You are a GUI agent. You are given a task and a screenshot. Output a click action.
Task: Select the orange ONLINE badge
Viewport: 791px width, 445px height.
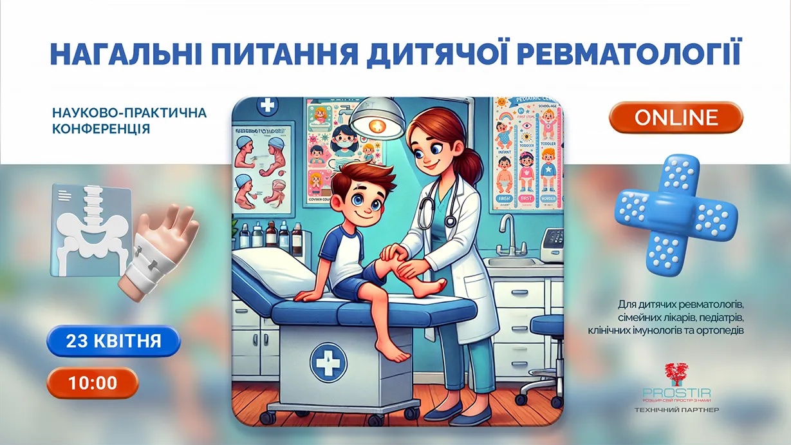676,117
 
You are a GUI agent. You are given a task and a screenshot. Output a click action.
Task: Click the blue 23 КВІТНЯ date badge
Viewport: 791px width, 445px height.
113,341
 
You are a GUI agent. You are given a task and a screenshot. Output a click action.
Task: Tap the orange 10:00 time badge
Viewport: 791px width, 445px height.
93,383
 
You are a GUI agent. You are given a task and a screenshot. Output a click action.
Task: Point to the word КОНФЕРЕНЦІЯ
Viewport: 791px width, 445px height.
102,128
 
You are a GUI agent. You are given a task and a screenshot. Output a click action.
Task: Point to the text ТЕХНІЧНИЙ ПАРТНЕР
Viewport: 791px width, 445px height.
676,410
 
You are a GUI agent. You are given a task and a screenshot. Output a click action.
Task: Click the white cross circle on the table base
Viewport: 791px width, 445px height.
329,361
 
